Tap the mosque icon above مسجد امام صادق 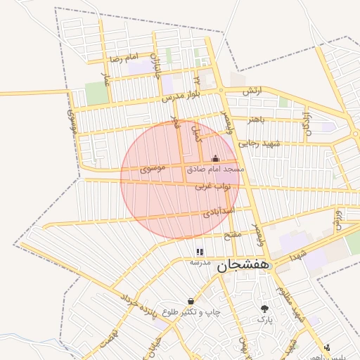point(215,159)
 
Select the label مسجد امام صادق point(215,169)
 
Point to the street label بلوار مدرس point(182,94)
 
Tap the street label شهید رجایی point(259,143)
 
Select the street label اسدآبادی point(219,210)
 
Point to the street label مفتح point(233,234)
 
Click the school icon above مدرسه point(200,251)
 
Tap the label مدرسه point(200,262)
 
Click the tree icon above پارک point(264,309)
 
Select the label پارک point(264,320)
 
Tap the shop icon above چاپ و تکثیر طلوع point(191,301)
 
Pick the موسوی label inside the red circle point(153,169)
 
